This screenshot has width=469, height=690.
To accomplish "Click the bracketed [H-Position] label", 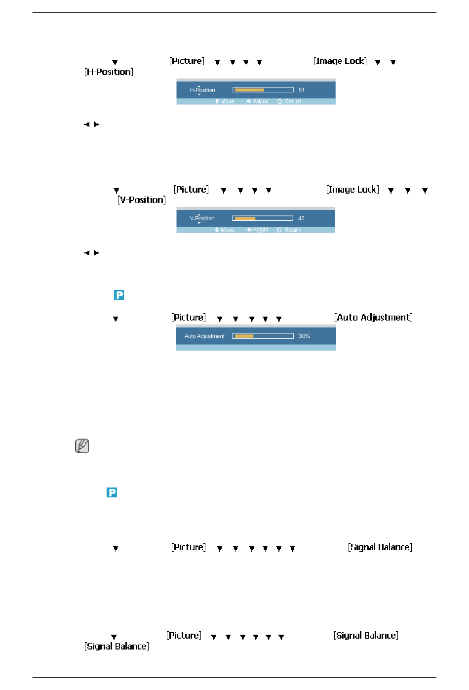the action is [109, 72].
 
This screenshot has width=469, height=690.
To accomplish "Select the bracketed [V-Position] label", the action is [142, 200].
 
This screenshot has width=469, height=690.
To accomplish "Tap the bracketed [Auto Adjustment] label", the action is [373, 318].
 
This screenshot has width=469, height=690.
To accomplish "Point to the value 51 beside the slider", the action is [302, 90].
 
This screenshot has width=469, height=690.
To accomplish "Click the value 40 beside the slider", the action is [301, 218].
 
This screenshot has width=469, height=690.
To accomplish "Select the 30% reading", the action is [304, 336].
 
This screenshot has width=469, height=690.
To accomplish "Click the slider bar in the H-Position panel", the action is [263, 90].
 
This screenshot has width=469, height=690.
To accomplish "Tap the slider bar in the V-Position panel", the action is [263, 218].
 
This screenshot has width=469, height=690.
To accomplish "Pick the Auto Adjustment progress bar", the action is [263, 336].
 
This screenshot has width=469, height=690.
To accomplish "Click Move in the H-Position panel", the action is [228, 102].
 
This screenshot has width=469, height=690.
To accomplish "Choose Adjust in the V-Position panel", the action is [261, 230].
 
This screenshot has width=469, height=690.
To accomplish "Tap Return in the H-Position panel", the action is [293, 102].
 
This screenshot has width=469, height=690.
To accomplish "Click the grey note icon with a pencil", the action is [82, 446].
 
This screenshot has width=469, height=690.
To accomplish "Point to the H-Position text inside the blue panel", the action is [202, 90].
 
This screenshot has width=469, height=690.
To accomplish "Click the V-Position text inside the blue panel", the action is [202, 218].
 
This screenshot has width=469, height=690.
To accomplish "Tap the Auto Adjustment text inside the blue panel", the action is [204, 336].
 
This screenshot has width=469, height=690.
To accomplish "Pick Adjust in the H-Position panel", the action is [261, 101].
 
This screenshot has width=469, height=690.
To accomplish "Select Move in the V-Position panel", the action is [227, 230].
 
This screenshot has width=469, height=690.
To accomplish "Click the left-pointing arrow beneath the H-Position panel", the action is [87, 124].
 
